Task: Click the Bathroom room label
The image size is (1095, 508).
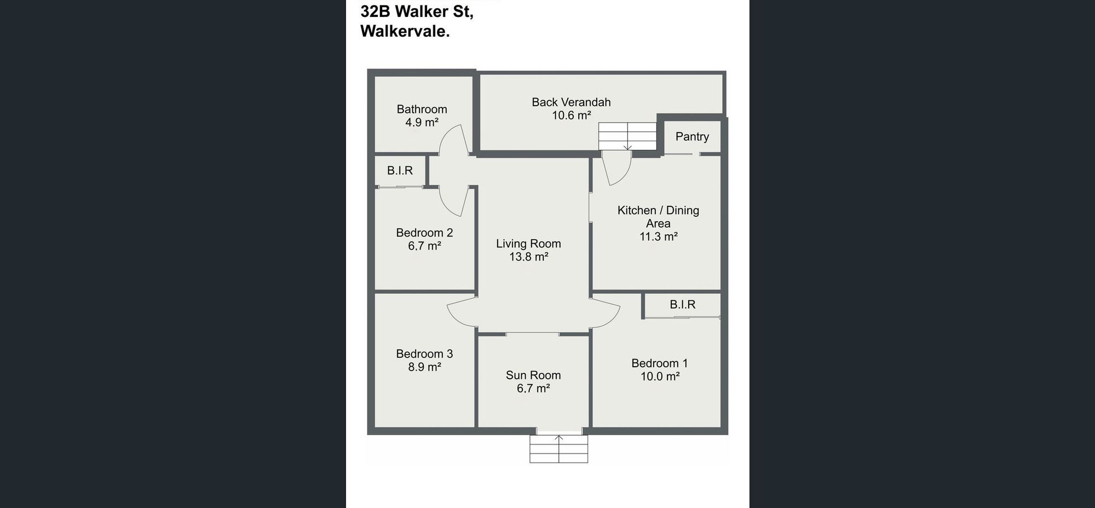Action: click(x=422, y=109)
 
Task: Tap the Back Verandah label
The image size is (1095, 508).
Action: click(x=571, y=102)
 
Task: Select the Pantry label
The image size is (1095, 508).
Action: click(x=692, y=137)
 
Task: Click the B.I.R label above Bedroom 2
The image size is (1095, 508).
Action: click(x=400, y=171)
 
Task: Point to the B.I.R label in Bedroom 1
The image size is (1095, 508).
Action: click(x=682, y=305)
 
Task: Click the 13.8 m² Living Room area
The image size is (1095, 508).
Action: click(x=528, y=257)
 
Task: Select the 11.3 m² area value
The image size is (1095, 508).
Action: click(x=659, y=236)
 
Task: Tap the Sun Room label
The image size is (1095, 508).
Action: click(x=533, y=376)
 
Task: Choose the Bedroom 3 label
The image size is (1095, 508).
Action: click(x=424, y=354)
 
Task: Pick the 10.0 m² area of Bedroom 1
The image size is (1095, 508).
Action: click(x=660, y=377)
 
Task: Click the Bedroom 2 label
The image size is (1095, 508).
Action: click(x=424, y=233)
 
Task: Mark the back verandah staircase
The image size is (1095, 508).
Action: click(x=627, y=136)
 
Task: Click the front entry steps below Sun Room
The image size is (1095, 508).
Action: click(x=558, y=449)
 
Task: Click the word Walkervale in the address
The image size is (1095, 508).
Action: click(x=405, y=31)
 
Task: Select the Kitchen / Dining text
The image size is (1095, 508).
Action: click(x=658, y=211)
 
